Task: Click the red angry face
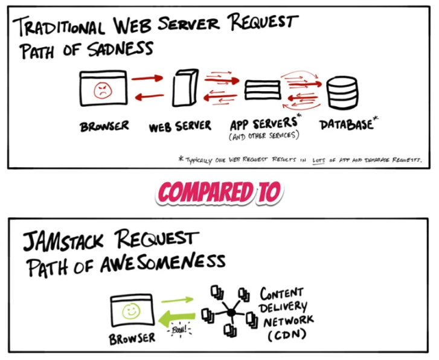(103, 90)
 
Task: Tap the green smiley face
(131, 310)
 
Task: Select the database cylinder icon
(342, 92)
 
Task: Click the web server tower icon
(185, 88)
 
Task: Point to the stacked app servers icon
(263, 90)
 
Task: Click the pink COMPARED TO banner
(219, 192)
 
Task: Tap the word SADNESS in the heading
(120, 49)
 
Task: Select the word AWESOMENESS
(162, 263)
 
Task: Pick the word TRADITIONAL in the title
(59, 27)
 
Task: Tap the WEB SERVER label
(180, 126)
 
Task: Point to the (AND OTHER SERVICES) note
(264, 136)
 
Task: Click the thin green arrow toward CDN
(177, 300)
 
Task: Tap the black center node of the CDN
(231, 312)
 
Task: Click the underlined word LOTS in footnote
(319, 160)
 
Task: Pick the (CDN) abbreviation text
(287, 335)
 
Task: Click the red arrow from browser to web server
(147, 79)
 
